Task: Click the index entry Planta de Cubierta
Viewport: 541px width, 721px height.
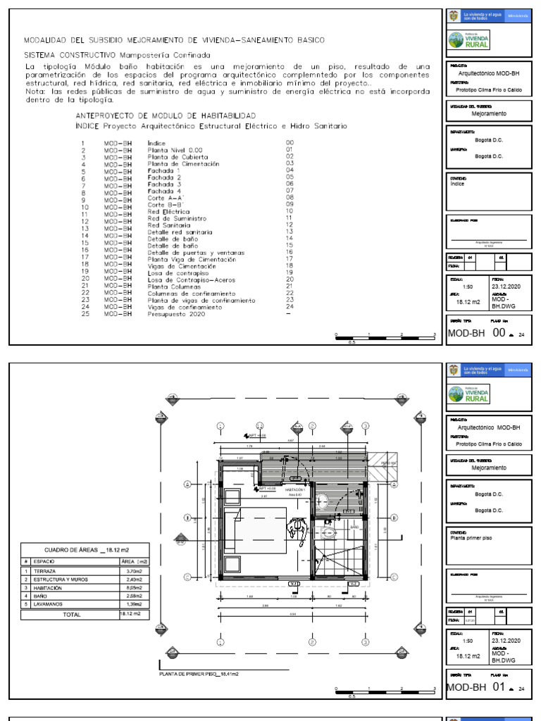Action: pos(173,156)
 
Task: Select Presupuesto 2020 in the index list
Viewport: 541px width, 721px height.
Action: pos(174,314)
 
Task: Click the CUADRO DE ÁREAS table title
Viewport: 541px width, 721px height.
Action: pos(86,550)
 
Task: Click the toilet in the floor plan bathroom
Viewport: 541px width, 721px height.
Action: pos(329,526)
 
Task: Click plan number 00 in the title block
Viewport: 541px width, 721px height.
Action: pos(499,334)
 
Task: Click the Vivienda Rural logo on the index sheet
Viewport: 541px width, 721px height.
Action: pos(471,40)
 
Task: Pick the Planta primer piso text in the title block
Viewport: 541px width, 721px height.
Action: pos(472,537)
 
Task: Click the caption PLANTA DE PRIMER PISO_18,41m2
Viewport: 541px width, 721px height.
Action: pos(199,674)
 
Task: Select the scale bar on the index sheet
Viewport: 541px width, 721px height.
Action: pos(385,337)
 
